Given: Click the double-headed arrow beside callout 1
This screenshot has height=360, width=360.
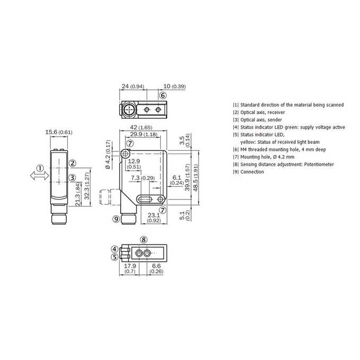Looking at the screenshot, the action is [x=40, y=176].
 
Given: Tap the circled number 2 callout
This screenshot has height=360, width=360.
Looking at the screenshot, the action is [x=73, y=163].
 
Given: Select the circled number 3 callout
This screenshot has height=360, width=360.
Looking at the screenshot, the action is [x=73, y=177].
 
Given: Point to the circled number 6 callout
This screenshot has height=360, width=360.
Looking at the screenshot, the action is [x=163, y=95].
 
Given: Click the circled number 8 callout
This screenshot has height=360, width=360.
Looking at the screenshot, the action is [x=143, y=240].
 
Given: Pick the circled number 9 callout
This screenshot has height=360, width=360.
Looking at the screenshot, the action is [x=116, y=219].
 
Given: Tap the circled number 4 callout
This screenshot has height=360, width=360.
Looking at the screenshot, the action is [x=114, y=249].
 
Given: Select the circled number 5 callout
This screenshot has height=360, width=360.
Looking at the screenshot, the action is [x=114, y=257].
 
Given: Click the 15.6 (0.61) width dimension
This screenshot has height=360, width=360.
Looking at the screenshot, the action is [x=59, y=132].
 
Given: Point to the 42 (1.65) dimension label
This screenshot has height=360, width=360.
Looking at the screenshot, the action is [x=141, y=127].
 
